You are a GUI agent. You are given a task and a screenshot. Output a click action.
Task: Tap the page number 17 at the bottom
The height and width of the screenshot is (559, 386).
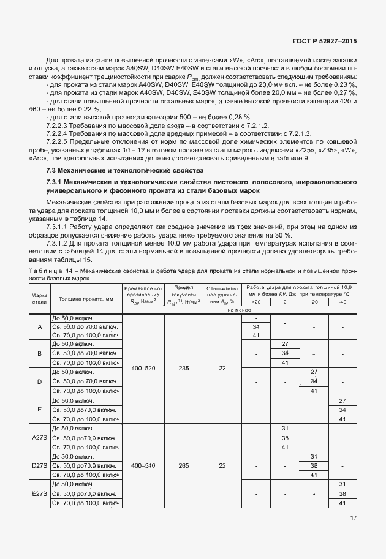click(354, 517)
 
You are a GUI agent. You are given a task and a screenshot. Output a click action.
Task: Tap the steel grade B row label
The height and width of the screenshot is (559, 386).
click(40, 354)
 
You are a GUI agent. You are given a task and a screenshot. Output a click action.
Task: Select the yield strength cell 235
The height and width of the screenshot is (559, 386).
click(183, 368)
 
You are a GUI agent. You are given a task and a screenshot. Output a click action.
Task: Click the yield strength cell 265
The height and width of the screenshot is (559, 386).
click(183, 465)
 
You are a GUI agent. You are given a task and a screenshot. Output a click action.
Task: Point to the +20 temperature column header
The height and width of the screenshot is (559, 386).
click(256, 301)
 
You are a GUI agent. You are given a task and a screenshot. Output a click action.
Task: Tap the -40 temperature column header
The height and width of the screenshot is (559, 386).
click(342, 301)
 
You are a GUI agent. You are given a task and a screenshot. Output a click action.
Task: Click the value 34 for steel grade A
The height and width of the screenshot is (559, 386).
click(256, 326)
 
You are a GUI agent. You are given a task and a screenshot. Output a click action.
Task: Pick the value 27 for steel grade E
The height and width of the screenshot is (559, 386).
click(342, 400)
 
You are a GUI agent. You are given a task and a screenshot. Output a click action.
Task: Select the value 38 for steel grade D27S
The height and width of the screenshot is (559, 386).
click(314, 465)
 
